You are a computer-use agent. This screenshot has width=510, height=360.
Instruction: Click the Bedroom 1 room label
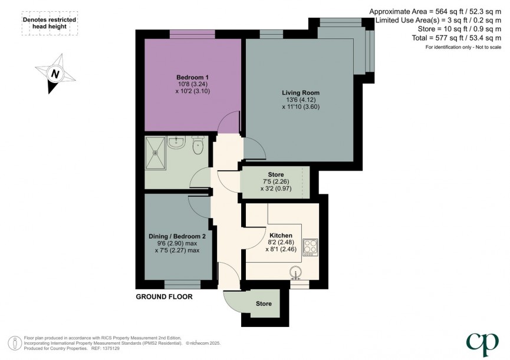tap(193, 77)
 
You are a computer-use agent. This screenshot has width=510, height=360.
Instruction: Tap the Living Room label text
tap(300, 93)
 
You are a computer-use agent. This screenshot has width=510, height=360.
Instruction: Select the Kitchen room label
tap(281, 235)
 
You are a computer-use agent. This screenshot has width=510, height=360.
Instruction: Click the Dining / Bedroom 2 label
tap(177, 236)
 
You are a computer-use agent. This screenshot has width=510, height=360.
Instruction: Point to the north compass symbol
tap(56, 74)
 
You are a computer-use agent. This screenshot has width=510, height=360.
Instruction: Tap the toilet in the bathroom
tap(198, 145)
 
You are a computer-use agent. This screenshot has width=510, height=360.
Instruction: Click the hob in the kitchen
tap(310, 246)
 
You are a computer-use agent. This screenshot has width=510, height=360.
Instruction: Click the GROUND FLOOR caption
tap(164, 296)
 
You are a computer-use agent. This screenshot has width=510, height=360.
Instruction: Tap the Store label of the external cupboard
tap(264, 304)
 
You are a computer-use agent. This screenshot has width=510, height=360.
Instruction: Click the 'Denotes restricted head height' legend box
tap(50, 23)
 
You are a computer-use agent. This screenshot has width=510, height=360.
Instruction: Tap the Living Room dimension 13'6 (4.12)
tap(301, 100)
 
